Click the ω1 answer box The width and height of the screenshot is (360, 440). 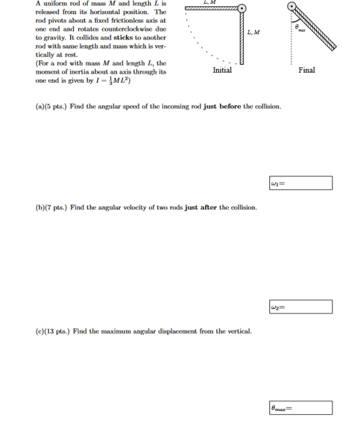coord(301,183)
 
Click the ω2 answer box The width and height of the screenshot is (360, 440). coord(301,306)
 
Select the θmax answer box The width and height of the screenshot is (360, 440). coord(301,408)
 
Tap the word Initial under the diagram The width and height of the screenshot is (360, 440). coord(222,70)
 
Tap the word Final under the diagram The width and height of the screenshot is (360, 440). coord(307,70)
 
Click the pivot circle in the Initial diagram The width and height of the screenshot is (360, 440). coord(242,8)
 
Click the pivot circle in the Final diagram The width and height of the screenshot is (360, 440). coord(292,6)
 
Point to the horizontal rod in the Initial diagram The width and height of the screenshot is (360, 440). coord(211,8)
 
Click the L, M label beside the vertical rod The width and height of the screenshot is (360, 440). coord(253,32)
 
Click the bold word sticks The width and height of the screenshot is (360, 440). coord(123,38)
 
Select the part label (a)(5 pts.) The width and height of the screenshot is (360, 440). coord(51,107)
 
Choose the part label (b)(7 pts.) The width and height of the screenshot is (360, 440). coord(51,207)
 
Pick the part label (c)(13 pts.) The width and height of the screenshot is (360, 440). coord(53,331)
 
